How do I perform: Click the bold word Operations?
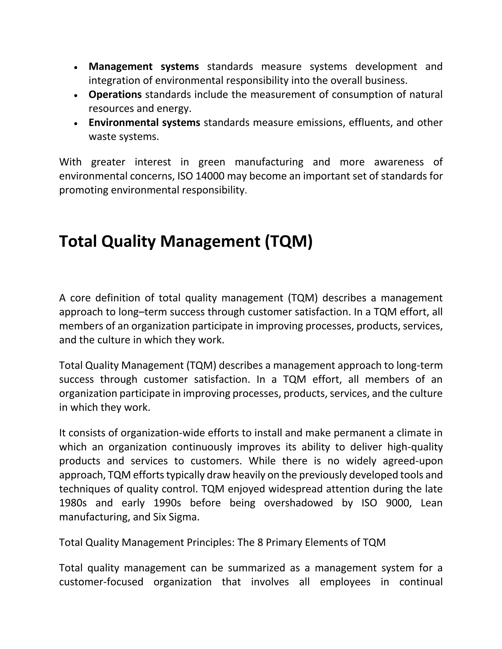115,95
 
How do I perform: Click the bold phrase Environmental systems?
144,122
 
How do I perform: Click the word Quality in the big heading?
128,241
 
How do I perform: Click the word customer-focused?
101,582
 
